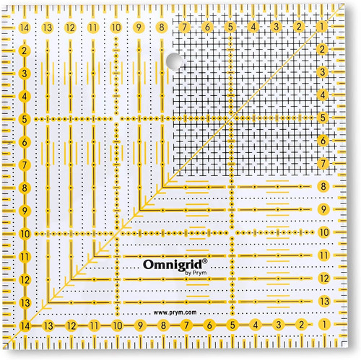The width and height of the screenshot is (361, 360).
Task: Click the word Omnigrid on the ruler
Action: point(173,265)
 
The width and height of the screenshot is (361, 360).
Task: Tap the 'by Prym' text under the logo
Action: point(196,273)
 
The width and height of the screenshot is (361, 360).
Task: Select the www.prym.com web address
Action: point(175,312)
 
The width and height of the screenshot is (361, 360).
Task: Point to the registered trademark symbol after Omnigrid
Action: point(205,261)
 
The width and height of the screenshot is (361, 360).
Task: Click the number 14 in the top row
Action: point(25,27)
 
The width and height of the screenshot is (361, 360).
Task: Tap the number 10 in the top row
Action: point(116,27)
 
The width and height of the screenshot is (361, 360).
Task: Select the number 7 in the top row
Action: point(185,27)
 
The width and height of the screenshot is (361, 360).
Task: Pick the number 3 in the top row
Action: point(276,27)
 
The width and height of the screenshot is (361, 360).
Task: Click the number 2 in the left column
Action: point(24,51)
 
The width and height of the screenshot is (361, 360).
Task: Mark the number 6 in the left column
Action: point(25,142)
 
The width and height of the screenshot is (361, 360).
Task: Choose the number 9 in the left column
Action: point(25,211)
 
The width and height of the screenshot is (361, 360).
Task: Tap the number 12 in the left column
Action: point(25,280)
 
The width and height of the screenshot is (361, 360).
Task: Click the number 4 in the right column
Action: point(323,95)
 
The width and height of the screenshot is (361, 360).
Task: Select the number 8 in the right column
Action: point(323,186)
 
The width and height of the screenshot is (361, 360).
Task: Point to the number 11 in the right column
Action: point(323,255)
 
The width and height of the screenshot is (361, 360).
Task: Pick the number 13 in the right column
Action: point(324,301)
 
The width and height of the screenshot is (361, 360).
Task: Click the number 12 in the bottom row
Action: point(71,326)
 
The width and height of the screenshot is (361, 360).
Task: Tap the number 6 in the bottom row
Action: point(209,325)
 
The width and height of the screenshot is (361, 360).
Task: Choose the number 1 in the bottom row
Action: point(324,325)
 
